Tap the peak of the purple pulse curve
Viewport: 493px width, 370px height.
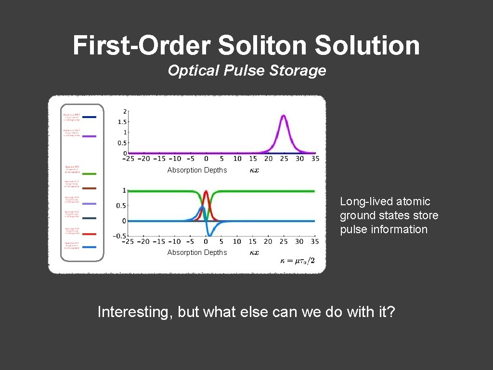284,116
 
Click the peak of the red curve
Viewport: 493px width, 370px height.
206,191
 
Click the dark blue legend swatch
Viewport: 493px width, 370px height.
89,117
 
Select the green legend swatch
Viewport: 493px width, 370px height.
89,173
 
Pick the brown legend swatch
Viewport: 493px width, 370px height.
89,188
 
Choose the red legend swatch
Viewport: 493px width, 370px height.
89,234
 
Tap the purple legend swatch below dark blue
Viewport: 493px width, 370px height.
89,136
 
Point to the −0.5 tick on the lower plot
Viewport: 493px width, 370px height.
119,236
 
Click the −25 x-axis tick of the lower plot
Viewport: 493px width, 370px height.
128,241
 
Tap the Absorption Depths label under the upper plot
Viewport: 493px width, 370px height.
197,170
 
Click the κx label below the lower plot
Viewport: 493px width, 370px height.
254,252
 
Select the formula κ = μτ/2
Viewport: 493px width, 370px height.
298,261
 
